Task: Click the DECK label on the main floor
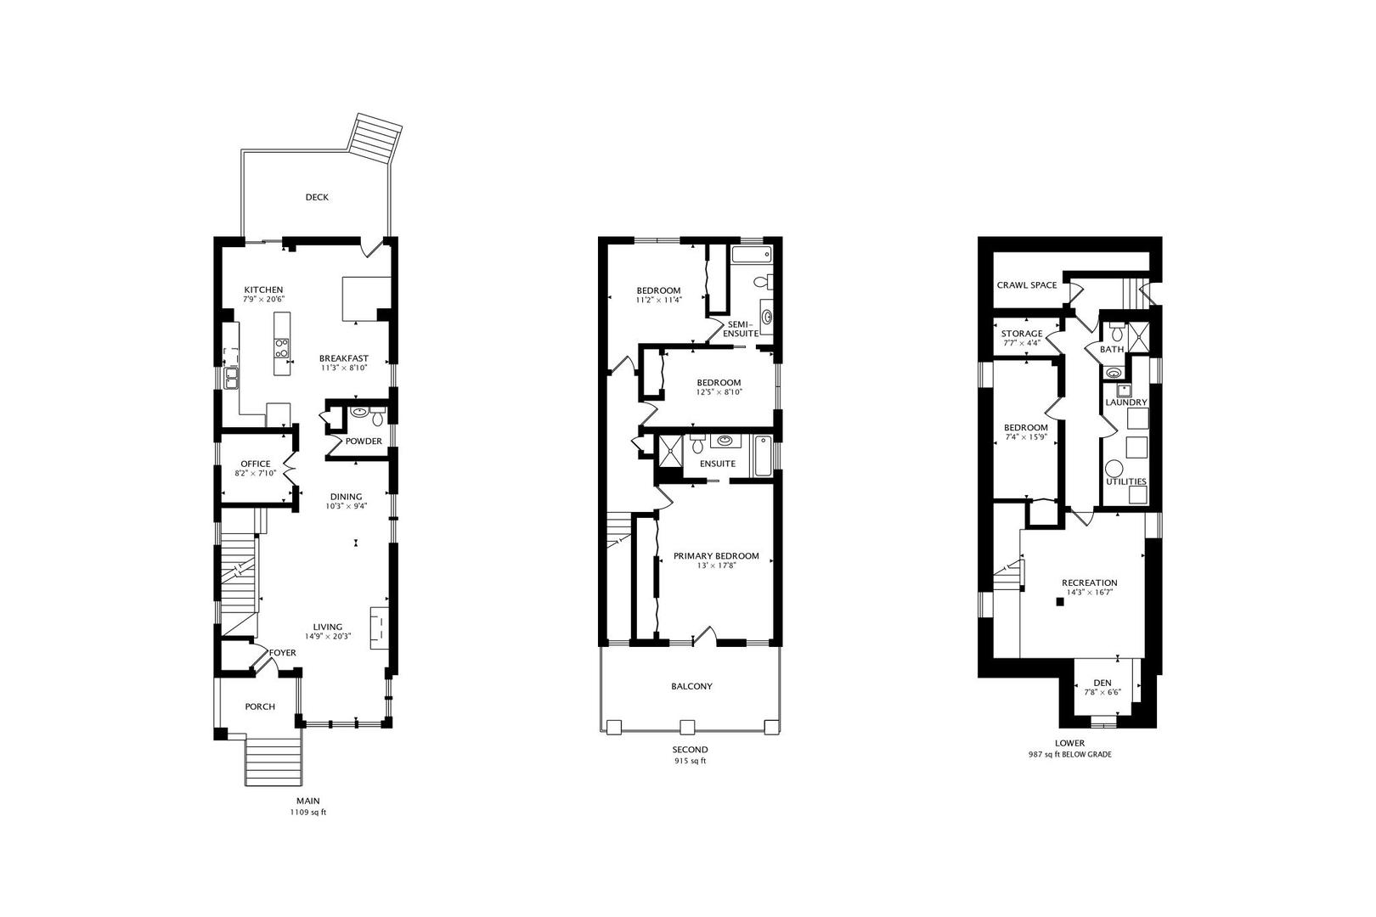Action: [x=317, y=197]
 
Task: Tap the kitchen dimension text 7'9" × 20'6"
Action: [x=263, y=300]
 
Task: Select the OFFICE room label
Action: [x=256, y=464]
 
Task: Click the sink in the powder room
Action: [x=360, y=412]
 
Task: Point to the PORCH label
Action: [x=260, y=706]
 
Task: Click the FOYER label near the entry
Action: [x=283, y=653]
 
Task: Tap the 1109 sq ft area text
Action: [x=308, y=812]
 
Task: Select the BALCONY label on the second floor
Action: [x=691, y=686]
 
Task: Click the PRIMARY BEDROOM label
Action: [x=716, y=556]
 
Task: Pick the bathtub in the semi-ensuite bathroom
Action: [x=751, y=254]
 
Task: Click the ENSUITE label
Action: [x=718, y=464]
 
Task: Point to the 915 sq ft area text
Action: [x=691, y=761]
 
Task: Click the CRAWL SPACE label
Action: [x=1027, y=285]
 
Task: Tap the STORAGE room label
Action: [x=1022, y=334]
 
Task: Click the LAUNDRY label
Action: [x=1126, y=402]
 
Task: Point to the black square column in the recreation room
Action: [x=1060, y=602]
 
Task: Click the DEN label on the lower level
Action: [x=1102, y=683]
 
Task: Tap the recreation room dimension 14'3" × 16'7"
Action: [x=1090, y=592]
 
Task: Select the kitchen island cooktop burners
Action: [x=282, y=348]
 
